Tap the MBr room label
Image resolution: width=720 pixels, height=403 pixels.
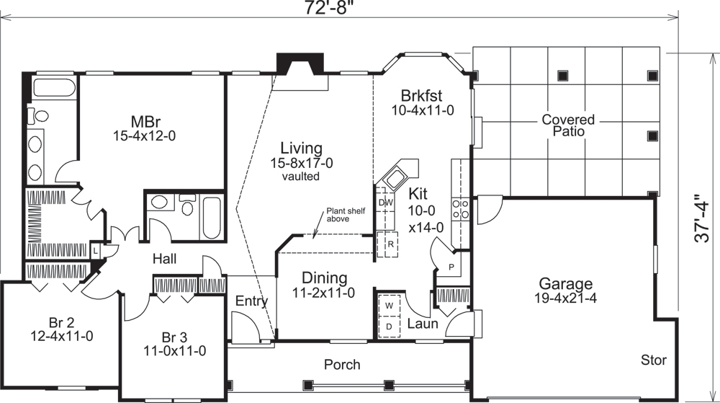coord(144,120)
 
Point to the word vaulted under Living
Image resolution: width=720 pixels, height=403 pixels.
coord(301,177)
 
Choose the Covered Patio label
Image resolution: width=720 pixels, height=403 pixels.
coord(568,125)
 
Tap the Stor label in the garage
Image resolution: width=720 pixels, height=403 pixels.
coord(654,360)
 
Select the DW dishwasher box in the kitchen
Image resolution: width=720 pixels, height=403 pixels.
coord(384,203)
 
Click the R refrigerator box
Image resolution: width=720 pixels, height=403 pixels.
coord(390,244)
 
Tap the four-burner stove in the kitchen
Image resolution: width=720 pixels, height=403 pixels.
coord(461,209)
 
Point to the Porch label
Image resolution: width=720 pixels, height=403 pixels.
coord(341,364)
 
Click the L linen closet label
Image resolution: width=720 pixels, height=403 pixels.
coord(96,249)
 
